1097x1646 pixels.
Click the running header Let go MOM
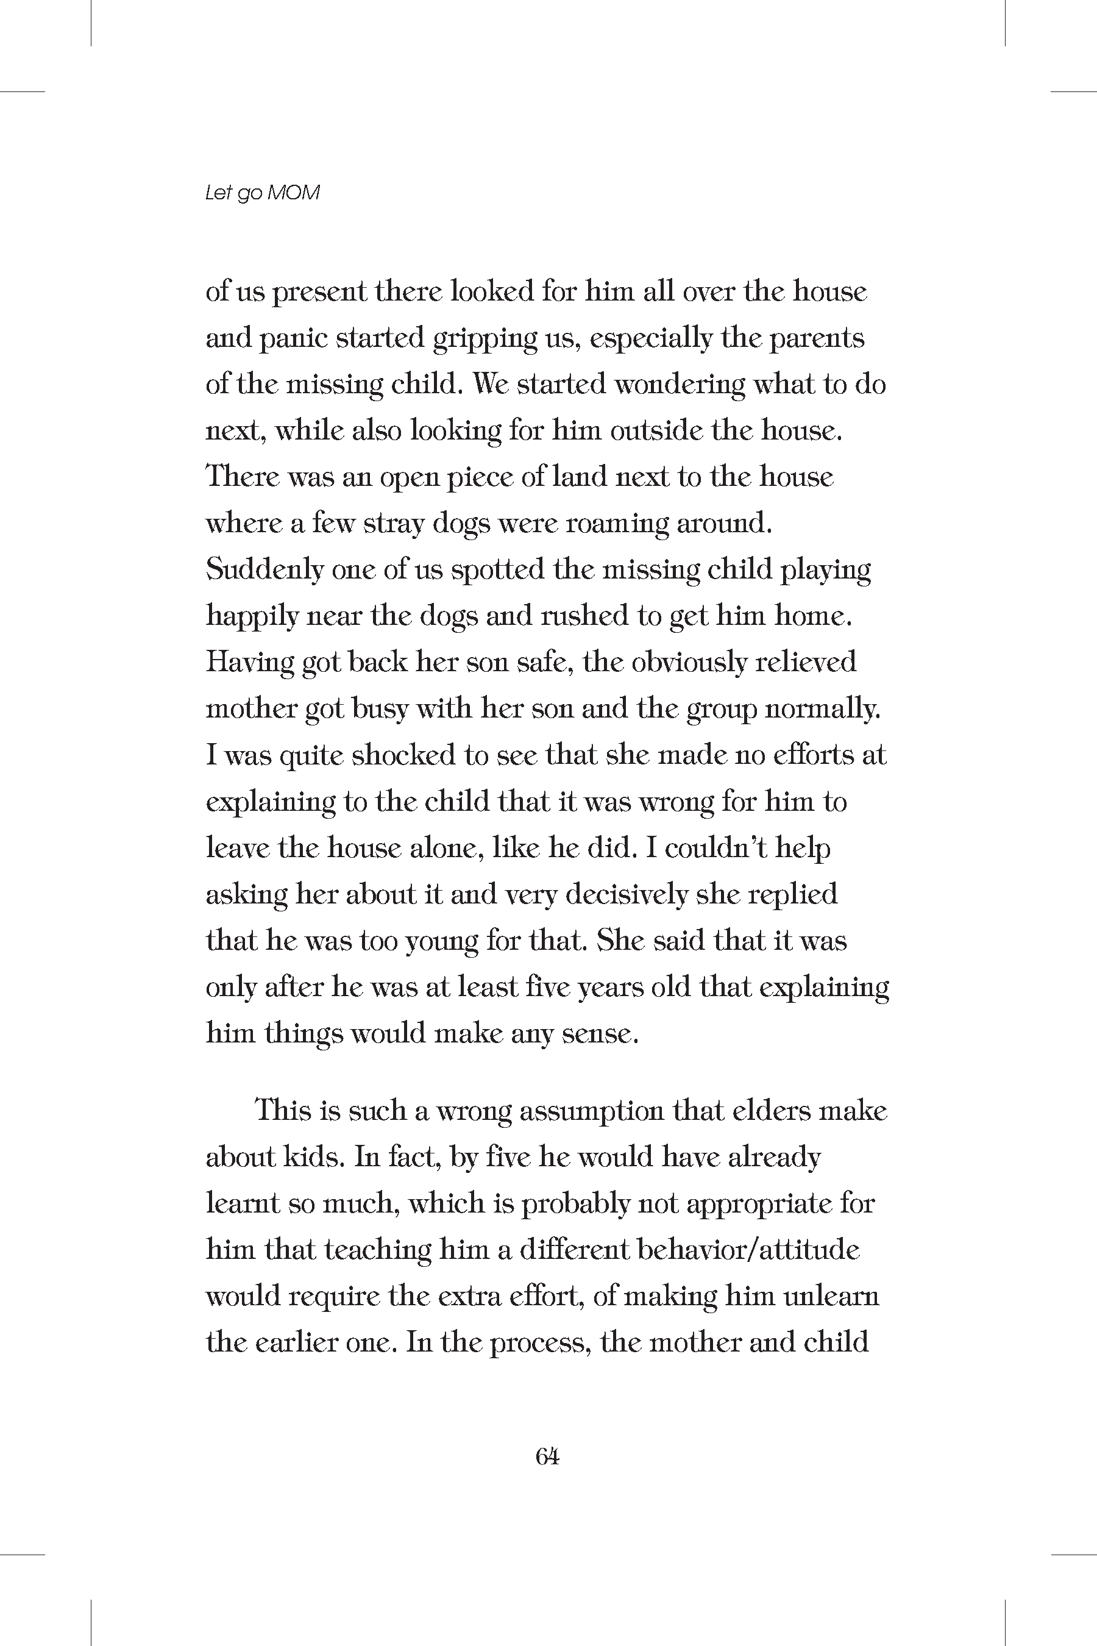[x=262, y=193]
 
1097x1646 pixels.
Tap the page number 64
[x=547, y=1456]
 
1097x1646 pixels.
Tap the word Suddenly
[x=264, y=569]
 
